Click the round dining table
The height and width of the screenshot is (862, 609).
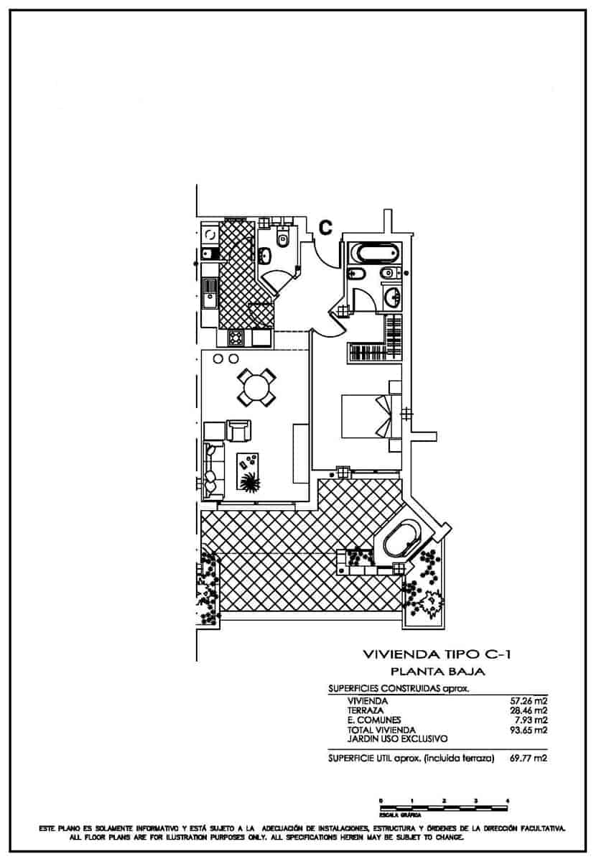pyautogui.click(x=256, y=388)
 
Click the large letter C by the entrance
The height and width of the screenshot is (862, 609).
pyautogui.click(x=325, y=228)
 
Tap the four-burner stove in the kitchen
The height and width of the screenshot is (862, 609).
pyautogui.click(x=236, y=337)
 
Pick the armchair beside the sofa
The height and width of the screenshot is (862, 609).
pyautogui.click(x=239, y=430)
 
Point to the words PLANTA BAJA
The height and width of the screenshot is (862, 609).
pyautogui.click(x=438, y=672)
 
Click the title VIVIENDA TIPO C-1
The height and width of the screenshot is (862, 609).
pyautogui.click(x=437, y=654)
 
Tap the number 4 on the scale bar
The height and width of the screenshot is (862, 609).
pyautogui.click(x=508, y=800)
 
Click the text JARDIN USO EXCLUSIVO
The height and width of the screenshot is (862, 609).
pyautogui.click(x=397, y=738)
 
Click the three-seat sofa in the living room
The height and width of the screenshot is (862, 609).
pyautogui.click(x=212, y=471)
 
